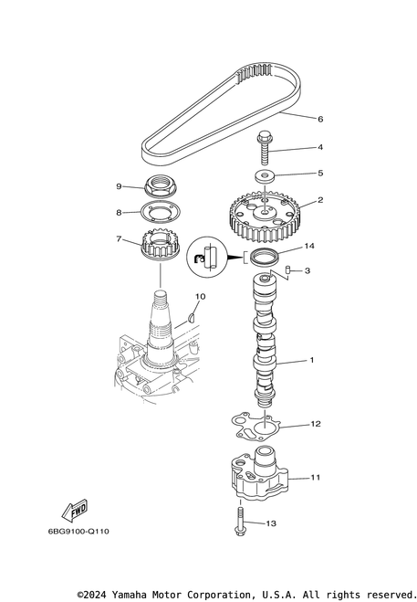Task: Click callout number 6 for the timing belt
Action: click(x=320, y=119)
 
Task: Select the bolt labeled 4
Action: click(x=265, y=147)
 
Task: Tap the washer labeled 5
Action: click(x=265, y=176)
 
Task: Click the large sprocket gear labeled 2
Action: click(x=266, y=217)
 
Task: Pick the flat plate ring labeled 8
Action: click(x=160, y=212)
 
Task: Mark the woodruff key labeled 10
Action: click(x=193, y=318)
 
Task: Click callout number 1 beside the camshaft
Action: click(x=311, y=360)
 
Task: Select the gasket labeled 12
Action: click(x=256, y=426)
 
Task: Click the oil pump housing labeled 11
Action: click(x=259, y=474)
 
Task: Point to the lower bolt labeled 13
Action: click(x=241, y=521)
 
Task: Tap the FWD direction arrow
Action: click(x=75, y=511)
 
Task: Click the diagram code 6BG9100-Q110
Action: click(x=78, y=532)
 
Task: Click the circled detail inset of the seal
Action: click(x=205, y=258)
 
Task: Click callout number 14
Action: click(x=309, y=246)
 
